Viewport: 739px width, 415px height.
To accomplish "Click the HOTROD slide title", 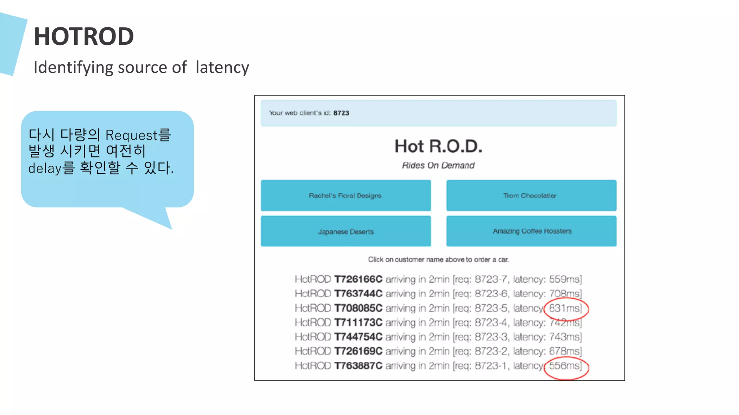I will pyautogui.click(x=84, y=36).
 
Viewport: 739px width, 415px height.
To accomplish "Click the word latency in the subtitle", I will pyautogui.click(x=222, y=67).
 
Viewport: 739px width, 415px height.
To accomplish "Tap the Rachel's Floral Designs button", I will pyautogui.click(x=345, y=196).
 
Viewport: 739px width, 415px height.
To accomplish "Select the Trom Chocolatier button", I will pyautogui.click(x=530, y=196).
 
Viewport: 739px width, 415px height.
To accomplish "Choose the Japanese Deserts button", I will pyautogui.click(x=345, y=232).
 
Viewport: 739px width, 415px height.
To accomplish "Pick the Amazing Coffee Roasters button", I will pyautogui.click(x=532, y=231).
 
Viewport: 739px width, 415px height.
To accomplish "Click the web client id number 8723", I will pyautogui.click(x=341, y=113).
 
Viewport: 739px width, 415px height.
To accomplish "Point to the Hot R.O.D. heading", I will pyautogui.click(x=438, y=146).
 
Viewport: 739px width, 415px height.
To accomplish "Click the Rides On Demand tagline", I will pyautogui.click(x=438, y=165).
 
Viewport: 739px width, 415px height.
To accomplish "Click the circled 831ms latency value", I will pyautogui.click(x=565, y=308).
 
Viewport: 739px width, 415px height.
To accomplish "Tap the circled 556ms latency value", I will pyautogui.click(x=565, y=366).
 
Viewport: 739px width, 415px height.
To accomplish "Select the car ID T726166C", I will pyautogui.click(x=358, y=280).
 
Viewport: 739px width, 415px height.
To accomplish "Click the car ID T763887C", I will pyautogui.click(x=358, y=366).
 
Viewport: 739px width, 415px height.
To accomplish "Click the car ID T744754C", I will pyautogui.click(x=358, y=337).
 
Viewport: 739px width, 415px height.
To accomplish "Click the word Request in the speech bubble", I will pyautogui.click(x=131, y=135).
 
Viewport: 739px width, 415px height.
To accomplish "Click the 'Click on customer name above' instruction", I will pyautogui.click(x=438, y=260).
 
